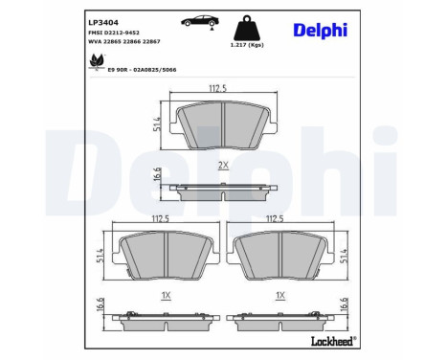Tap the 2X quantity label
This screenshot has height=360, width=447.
[x=223, y=165]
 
